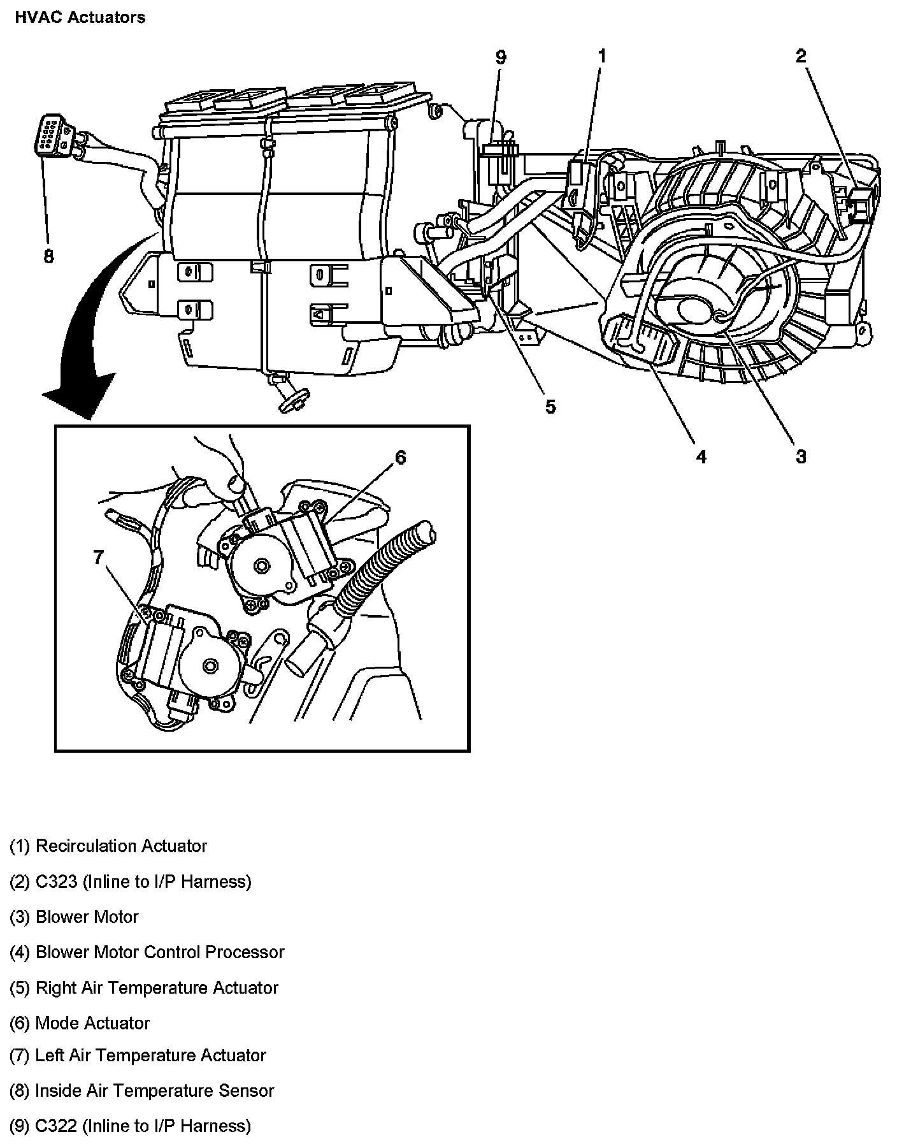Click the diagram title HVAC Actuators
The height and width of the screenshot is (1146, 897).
pyautogui.click(x=80, y=17)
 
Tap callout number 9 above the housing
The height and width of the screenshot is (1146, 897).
pyautogui.click(x=501, y=57)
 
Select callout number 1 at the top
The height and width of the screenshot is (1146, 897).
pyautogui.click(x=601, y=56)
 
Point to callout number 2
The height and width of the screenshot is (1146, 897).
pyautogui.click(x=800, y=56)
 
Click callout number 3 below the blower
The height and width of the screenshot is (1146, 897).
pyautogui.click(x=800, y=456)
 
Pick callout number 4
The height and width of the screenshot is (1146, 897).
pyautogui.click(x=701, y=456)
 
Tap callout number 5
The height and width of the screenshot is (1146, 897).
pyautogui.click(x=550, y=406)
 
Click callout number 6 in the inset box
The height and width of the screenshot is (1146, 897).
pyautogui.click(x=400, y=457)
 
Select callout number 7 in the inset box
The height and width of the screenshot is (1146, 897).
pyautogui.click(x=98, y=558)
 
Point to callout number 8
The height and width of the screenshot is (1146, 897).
pyautogui.click(x=48, y=256)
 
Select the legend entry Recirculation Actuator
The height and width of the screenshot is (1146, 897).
pyautogui.click(x=108, y=846)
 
